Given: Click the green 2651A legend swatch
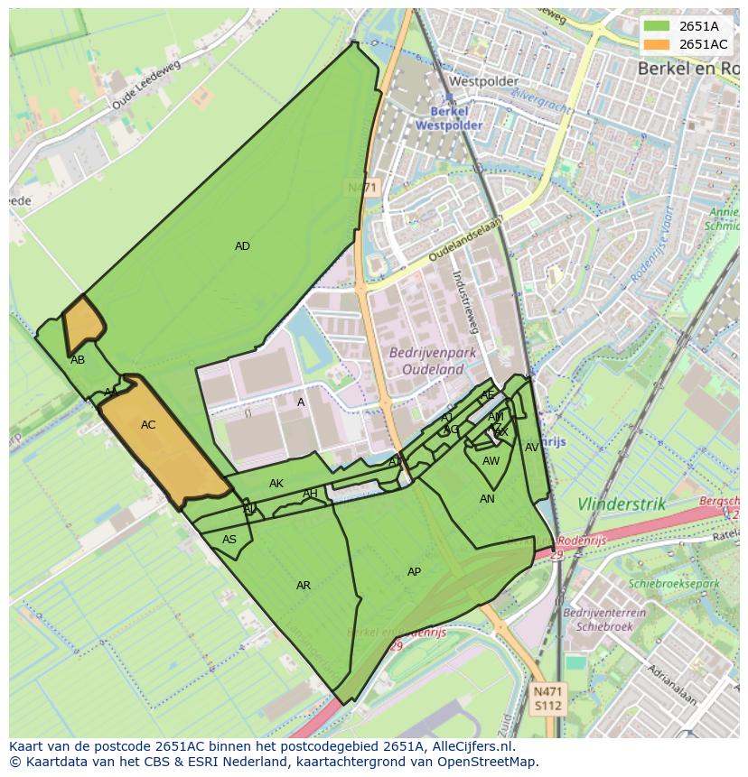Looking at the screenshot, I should point(658,26).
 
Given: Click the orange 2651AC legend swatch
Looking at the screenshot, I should point(658,44).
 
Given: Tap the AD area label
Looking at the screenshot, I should point(242,246).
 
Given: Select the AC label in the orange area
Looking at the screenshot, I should point(148,425).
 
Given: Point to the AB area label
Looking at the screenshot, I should point(78,360).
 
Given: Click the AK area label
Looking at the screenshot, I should point(276,484).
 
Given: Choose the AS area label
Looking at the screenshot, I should point(229,540).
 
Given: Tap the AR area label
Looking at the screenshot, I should point(304,586).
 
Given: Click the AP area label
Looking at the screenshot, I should point(414,572).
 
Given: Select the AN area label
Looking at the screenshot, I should point(487,499).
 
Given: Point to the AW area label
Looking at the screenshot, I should point(491,461).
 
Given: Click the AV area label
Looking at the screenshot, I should point(532,448).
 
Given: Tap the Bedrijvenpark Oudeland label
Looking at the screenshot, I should point(426,361).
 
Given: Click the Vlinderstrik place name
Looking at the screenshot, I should point(622,505).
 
